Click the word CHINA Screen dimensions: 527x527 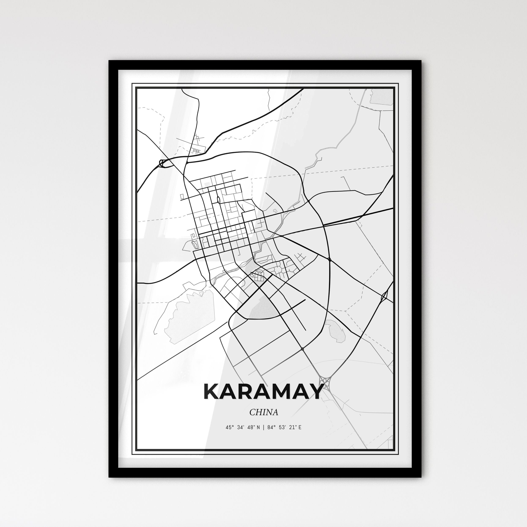click(263, 412)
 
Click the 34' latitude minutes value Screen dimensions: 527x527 click(240, 427)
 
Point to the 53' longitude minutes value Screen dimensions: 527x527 click(281, 427)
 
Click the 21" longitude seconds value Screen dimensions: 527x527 click(292, 427)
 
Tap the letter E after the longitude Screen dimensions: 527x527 click(300, 427)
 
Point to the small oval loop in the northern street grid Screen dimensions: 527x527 click(218, 200)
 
